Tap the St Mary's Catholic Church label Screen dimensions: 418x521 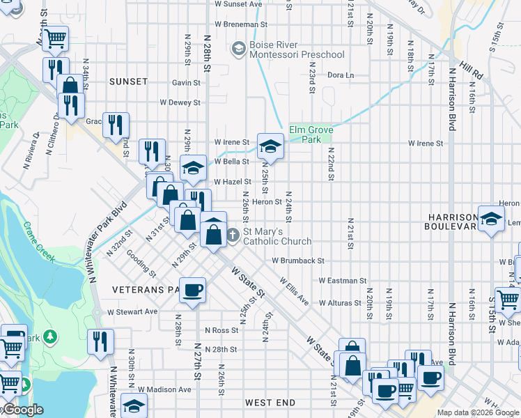point(272,235)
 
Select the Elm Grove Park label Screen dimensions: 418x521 point(311,134)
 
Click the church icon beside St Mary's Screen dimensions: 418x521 point(234,235)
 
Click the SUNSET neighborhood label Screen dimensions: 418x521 point(129,82)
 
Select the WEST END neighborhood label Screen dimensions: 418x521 point(270,403)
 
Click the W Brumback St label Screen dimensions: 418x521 point(298,261)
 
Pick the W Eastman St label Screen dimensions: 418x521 point(342,281)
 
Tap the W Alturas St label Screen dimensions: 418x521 point(343,303)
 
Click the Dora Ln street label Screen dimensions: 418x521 point(341,75)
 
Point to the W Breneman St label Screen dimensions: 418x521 point(241,24)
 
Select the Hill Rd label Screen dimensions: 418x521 point(471,69)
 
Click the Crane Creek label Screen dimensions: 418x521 point(39,242)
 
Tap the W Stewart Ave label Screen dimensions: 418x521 point(132,311)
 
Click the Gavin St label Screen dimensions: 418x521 point(186,82)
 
